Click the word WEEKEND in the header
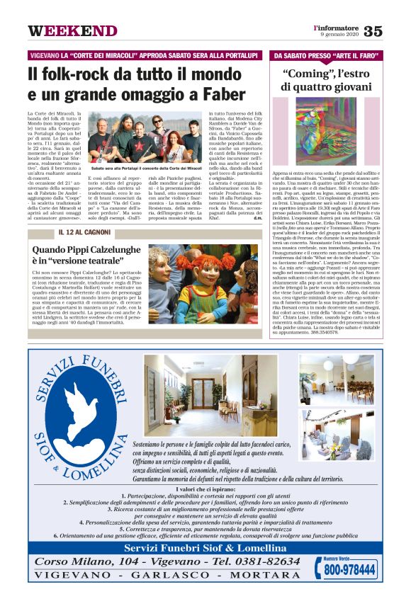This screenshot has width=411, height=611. [72, 31]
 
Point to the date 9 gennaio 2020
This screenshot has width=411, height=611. [340, 35]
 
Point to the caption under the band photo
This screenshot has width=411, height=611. [146, 168]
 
